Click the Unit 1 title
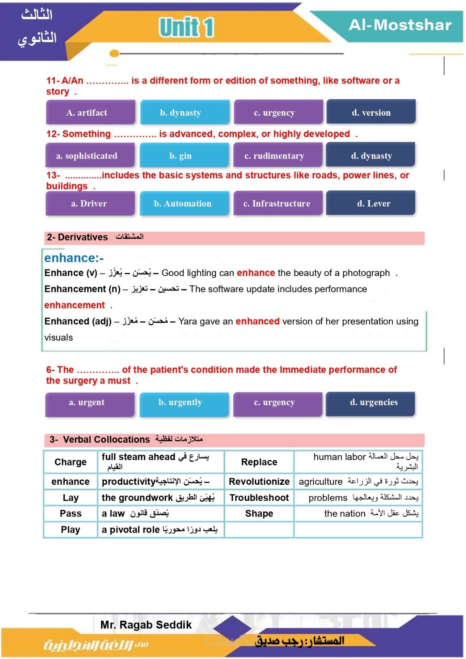[x=186, y=28]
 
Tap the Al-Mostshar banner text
[x=400, y=25]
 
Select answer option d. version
[x=371, y=112]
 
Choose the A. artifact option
[x=90, y=112]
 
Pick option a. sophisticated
[x=90, y=156]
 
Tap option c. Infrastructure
[x=277, y=203]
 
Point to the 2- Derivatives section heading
[x=77, y=237]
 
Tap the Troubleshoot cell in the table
[x=259, y=498]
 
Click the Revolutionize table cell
[x=259, y=481]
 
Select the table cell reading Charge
[x=70, y=462]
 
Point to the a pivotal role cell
[x=160, y=530]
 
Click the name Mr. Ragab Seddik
[x=146, y=625]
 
